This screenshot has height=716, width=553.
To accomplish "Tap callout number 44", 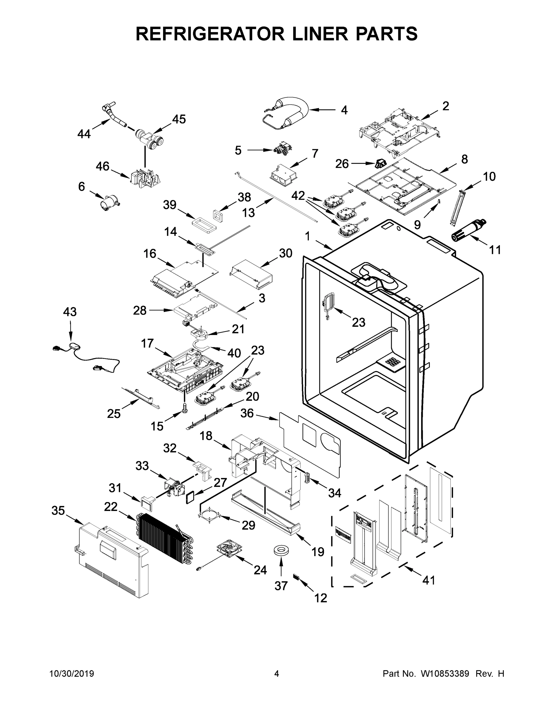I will click(84, 134).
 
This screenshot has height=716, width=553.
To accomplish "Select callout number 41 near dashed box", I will click(428, 580).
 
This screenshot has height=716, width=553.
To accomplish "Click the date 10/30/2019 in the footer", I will click(72, 674).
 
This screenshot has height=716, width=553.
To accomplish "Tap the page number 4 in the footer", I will click(277, 674).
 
